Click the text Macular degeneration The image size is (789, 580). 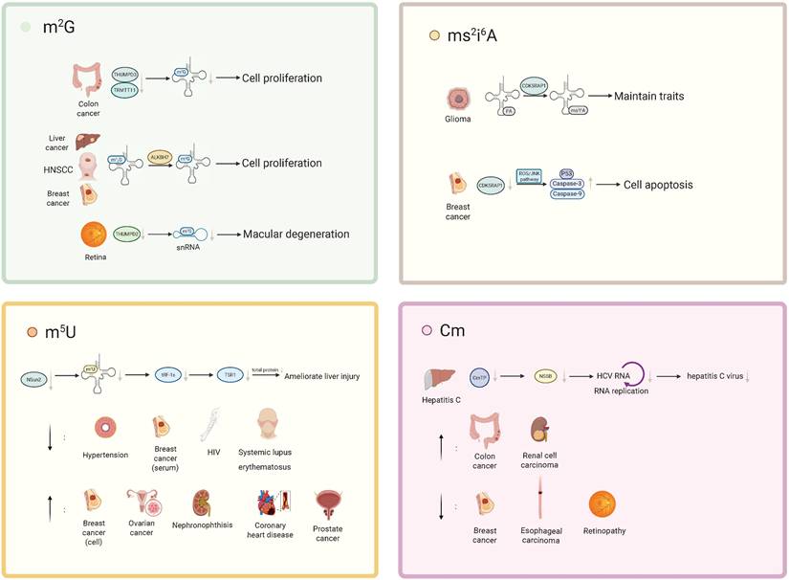pyautogui.click(x=296, y=234)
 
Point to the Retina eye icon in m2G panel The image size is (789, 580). pyautogui.click(x=95, y=234)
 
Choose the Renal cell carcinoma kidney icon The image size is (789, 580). pyautogui.click(x=538, y=429)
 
